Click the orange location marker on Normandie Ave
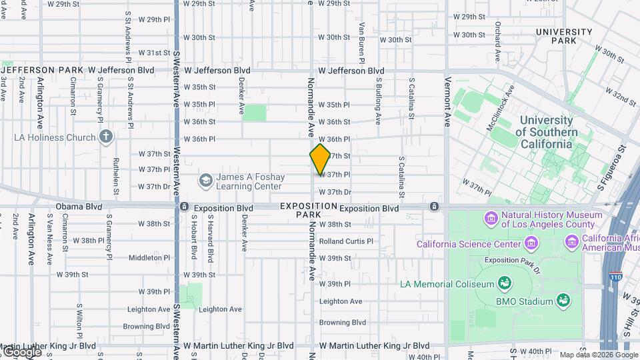point(320,159)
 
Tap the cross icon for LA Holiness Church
point(105,137)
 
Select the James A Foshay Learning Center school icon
point(206,180)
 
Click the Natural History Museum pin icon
point(491,218)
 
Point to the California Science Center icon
point(531,243)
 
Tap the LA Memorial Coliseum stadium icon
point(505,283)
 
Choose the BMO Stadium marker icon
point(564,301)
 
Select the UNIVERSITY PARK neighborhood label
point(563,36)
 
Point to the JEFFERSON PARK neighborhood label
point(42,70)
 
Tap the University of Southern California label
point(546,131)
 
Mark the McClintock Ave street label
point(502,107)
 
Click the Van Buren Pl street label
point(362,43)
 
